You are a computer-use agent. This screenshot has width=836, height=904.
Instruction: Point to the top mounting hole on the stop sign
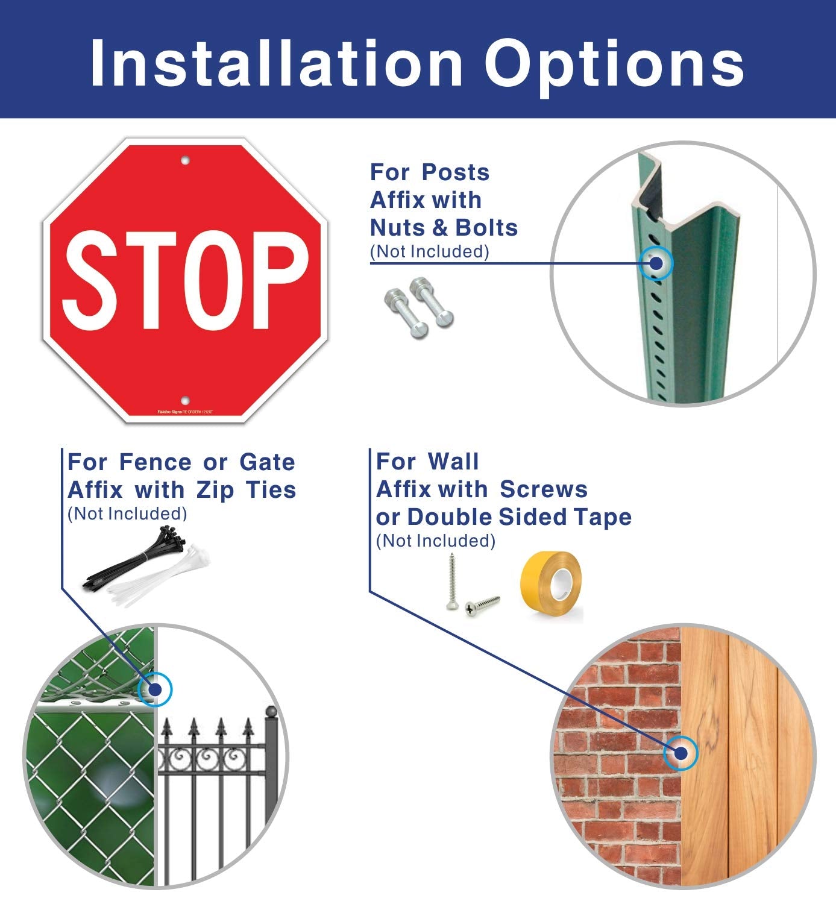185,161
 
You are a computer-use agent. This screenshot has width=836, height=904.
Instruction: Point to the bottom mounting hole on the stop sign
185,400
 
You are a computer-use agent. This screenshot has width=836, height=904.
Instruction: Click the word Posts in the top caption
456,172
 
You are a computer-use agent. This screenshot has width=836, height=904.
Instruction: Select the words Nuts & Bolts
444,228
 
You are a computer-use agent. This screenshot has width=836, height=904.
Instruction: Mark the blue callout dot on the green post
656,263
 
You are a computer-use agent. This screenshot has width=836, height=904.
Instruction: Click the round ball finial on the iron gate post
271,712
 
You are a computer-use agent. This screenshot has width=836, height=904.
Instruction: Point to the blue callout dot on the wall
680,753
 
